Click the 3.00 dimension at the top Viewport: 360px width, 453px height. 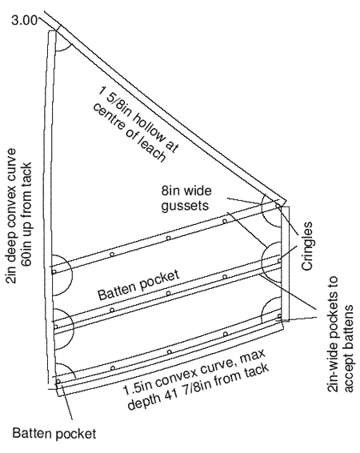coord(25,21)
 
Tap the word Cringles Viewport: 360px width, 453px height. coord(306,246)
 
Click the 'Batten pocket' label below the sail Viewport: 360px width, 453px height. coord(54,434)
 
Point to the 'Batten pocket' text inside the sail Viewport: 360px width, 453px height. coord(138,285)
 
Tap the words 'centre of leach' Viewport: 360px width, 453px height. coord(129,133)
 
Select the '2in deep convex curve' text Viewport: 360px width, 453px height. coord(11,216)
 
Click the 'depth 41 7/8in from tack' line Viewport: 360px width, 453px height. coord(198,387)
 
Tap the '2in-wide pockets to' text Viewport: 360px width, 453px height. coord(333,335)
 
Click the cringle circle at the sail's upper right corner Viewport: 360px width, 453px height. coord(278,206)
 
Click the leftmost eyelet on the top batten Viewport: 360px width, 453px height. coord(54,272)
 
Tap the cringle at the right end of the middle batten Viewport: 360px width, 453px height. coord(279,260)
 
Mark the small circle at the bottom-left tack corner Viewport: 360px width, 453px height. coord(58,381)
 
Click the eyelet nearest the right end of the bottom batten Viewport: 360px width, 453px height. coord(226,335)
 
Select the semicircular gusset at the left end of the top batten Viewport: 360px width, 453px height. coord(71,275)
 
